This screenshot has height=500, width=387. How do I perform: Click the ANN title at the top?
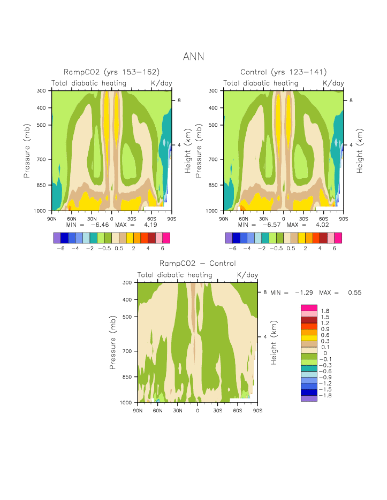coord(193,56)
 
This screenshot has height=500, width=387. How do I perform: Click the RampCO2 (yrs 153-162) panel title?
coord(111,72)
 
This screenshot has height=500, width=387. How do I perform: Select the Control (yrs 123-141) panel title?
coord(283,72)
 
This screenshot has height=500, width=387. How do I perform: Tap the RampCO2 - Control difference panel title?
coord(198,264)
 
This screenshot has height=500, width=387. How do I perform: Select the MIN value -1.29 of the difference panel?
coord(303,293)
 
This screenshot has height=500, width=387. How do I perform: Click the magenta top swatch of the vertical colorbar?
coord(309,308)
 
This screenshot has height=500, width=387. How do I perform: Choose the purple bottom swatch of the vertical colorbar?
coord(309,398)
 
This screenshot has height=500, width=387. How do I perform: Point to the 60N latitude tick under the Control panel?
coord(244,218)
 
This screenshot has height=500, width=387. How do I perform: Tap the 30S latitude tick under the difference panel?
coord(218,410)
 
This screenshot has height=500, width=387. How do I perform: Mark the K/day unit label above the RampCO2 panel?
coord(162,83)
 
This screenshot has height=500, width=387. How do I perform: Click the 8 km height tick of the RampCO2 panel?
coord(179,101)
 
